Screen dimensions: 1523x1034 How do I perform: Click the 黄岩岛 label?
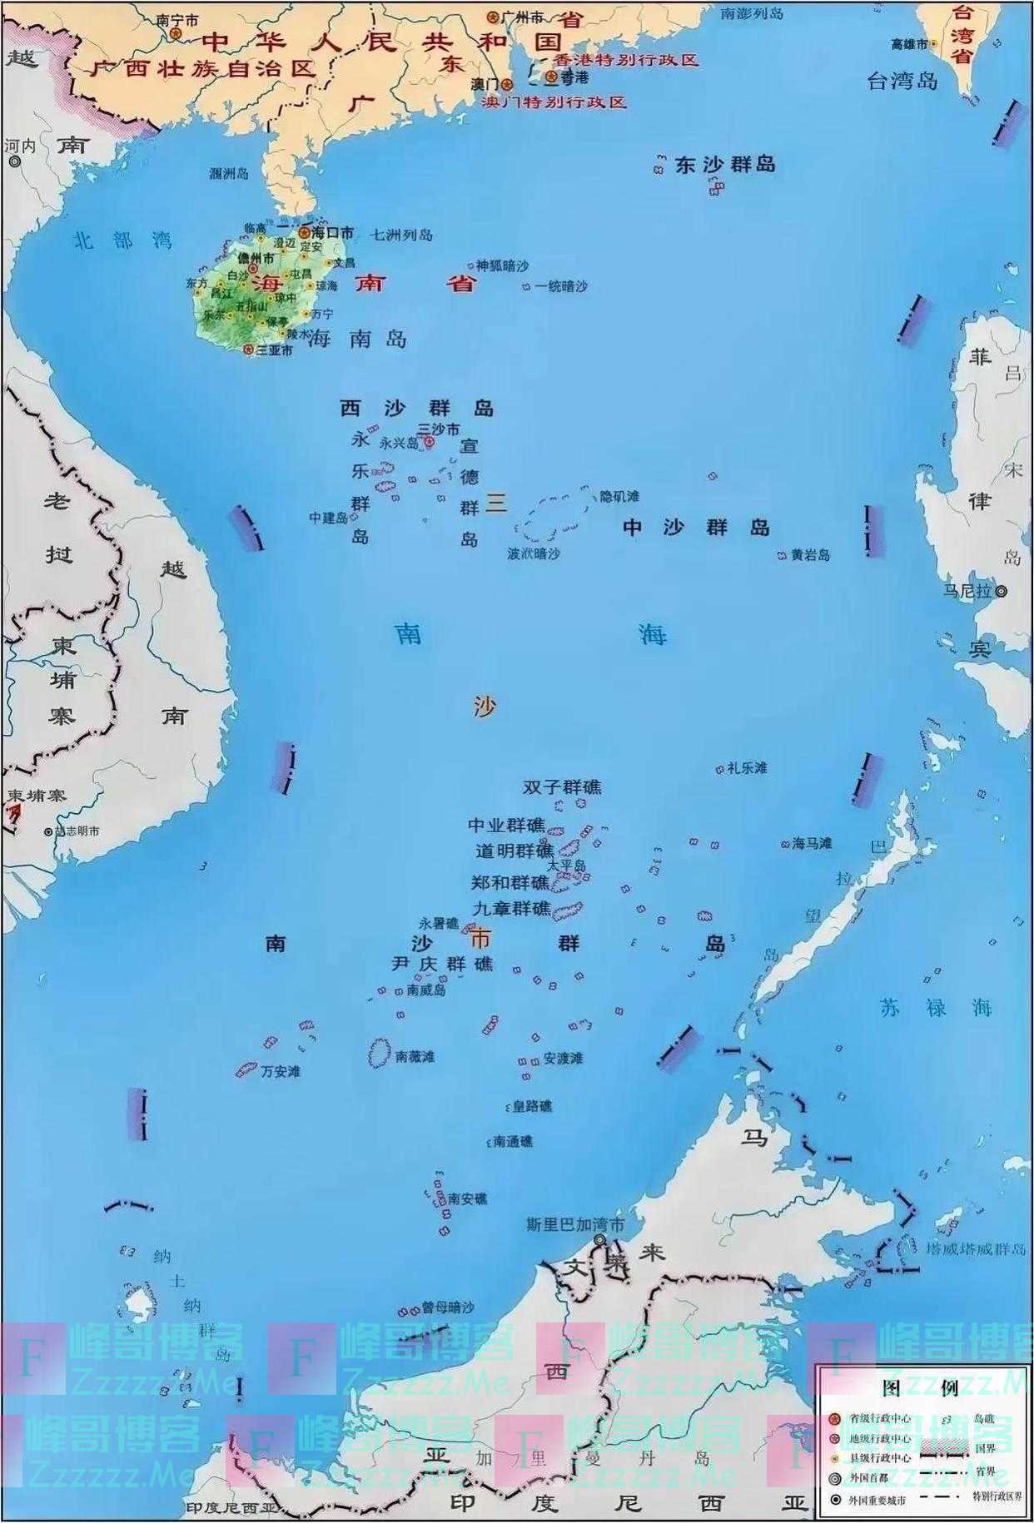click(x=810, y=554)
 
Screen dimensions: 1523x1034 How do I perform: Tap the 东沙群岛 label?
click(x=725, y=165)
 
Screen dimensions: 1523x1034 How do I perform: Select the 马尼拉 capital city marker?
click(x=1002, y=591)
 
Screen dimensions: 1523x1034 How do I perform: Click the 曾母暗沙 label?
click(x=447, y=1307)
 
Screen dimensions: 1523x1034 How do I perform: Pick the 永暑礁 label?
click(x=438, y=923)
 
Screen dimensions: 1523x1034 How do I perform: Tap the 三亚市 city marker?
click(x=247, y=350)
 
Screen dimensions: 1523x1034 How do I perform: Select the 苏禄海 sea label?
click(x=937, y=1008)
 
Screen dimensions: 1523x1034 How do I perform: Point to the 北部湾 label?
click(x=122, y=241)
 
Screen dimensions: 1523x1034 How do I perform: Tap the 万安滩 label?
click(x=280, y=1071)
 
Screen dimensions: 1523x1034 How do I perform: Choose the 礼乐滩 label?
click(x=747, y=768)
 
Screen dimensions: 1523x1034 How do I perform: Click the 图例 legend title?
click(x=921, y=1387)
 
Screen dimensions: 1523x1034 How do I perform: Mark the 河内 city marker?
click(x=14, y=161)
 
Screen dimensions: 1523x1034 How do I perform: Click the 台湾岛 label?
click(x=902, y=81)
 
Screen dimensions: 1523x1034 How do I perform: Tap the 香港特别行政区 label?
click(x=625, y=60)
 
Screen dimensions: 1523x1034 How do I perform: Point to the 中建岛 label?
click(x=328, y=518)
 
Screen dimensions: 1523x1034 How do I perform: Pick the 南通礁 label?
click(x=513, y=1141)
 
